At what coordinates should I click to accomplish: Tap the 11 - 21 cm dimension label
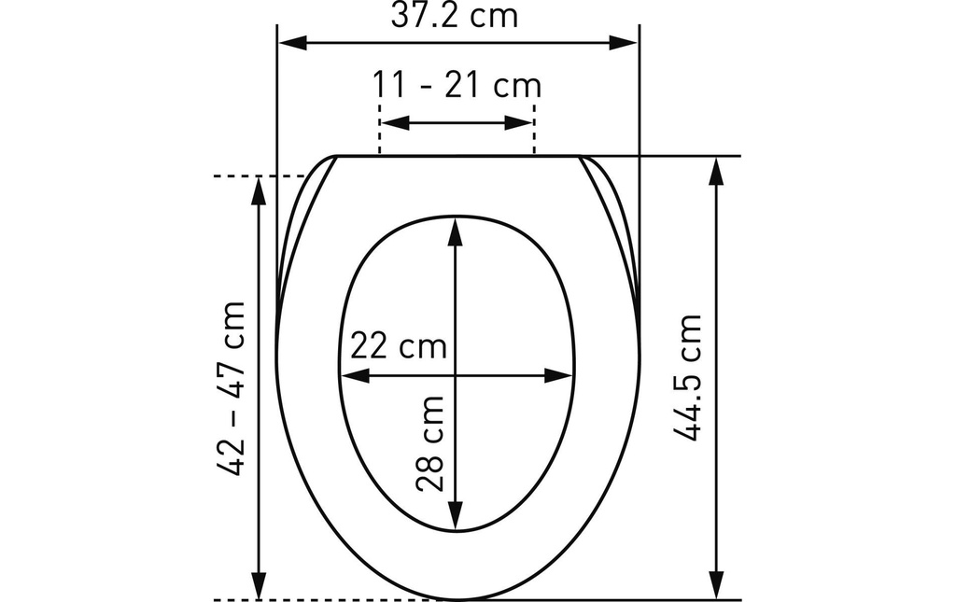tap(457, 85)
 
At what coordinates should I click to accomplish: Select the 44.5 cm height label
tap(688, 377)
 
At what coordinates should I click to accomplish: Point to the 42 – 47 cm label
tap(232, 388)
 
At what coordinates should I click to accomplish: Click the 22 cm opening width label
tap(398, 346)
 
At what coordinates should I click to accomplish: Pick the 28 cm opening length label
tap(429, 443)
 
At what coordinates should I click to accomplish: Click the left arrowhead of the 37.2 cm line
tap(292, 43)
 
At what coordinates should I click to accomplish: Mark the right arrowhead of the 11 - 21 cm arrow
tap(519, 122)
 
